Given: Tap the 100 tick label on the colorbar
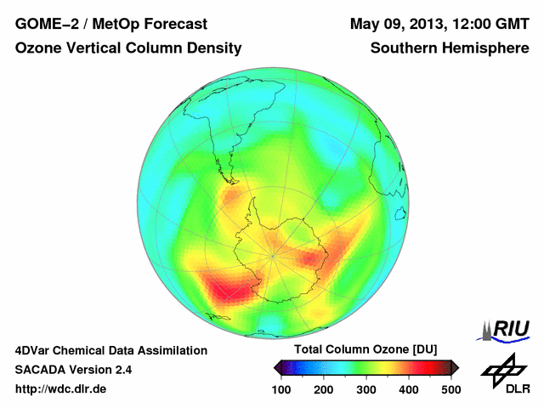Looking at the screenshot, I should point(282,389).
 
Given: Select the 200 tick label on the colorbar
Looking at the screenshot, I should point(324,389).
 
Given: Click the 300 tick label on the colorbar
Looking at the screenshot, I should point(366,389).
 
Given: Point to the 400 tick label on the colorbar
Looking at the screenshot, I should point(409,389).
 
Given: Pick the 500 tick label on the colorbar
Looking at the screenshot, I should point(450,389).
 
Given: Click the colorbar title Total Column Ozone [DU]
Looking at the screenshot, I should point(365,350).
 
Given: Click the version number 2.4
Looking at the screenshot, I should point(123,370).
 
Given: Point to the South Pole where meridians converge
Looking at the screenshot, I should point(272,254).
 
